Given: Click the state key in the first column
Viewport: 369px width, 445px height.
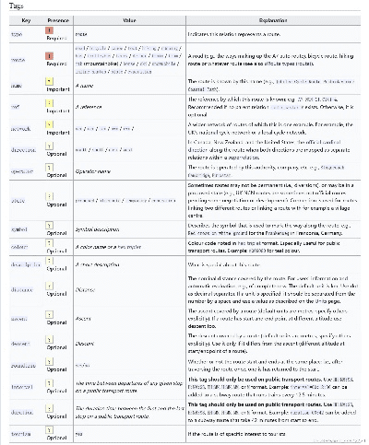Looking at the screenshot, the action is click(x=16, y=199).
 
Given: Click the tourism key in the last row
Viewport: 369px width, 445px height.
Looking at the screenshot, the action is click(x=18, y=432).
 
